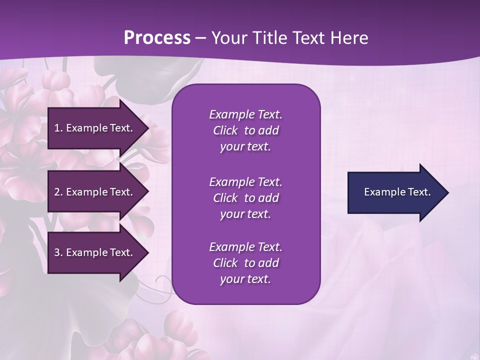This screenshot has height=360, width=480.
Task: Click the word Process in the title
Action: (x=157, y=38)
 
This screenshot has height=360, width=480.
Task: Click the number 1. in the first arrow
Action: (x=58, y=128)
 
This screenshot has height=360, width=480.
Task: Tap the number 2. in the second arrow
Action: (x=58, y=192)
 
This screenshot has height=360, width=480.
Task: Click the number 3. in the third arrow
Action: (x=58, y=252)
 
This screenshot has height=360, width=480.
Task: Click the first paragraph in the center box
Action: (x=245, y=130)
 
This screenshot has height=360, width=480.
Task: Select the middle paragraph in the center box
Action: (x=245, y=198)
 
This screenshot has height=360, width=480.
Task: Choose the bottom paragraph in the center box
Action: (x=245, y=263)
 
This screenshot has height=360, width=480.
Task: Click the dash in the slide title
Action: (x=201, y=38)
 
